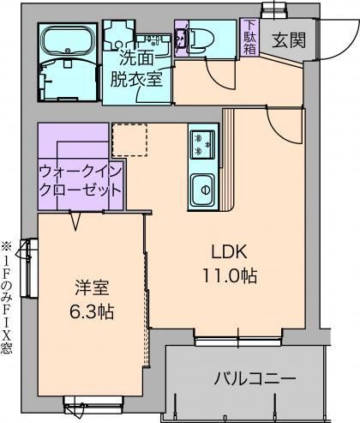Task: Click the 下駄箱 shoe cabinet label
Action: [248, 36]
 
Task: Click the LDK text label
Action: [230, 252]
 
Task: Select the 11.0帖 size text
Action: [230, 276]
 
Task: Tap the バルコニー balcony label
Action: [254, 378]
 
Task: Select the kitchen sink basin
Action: [203, 185]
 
